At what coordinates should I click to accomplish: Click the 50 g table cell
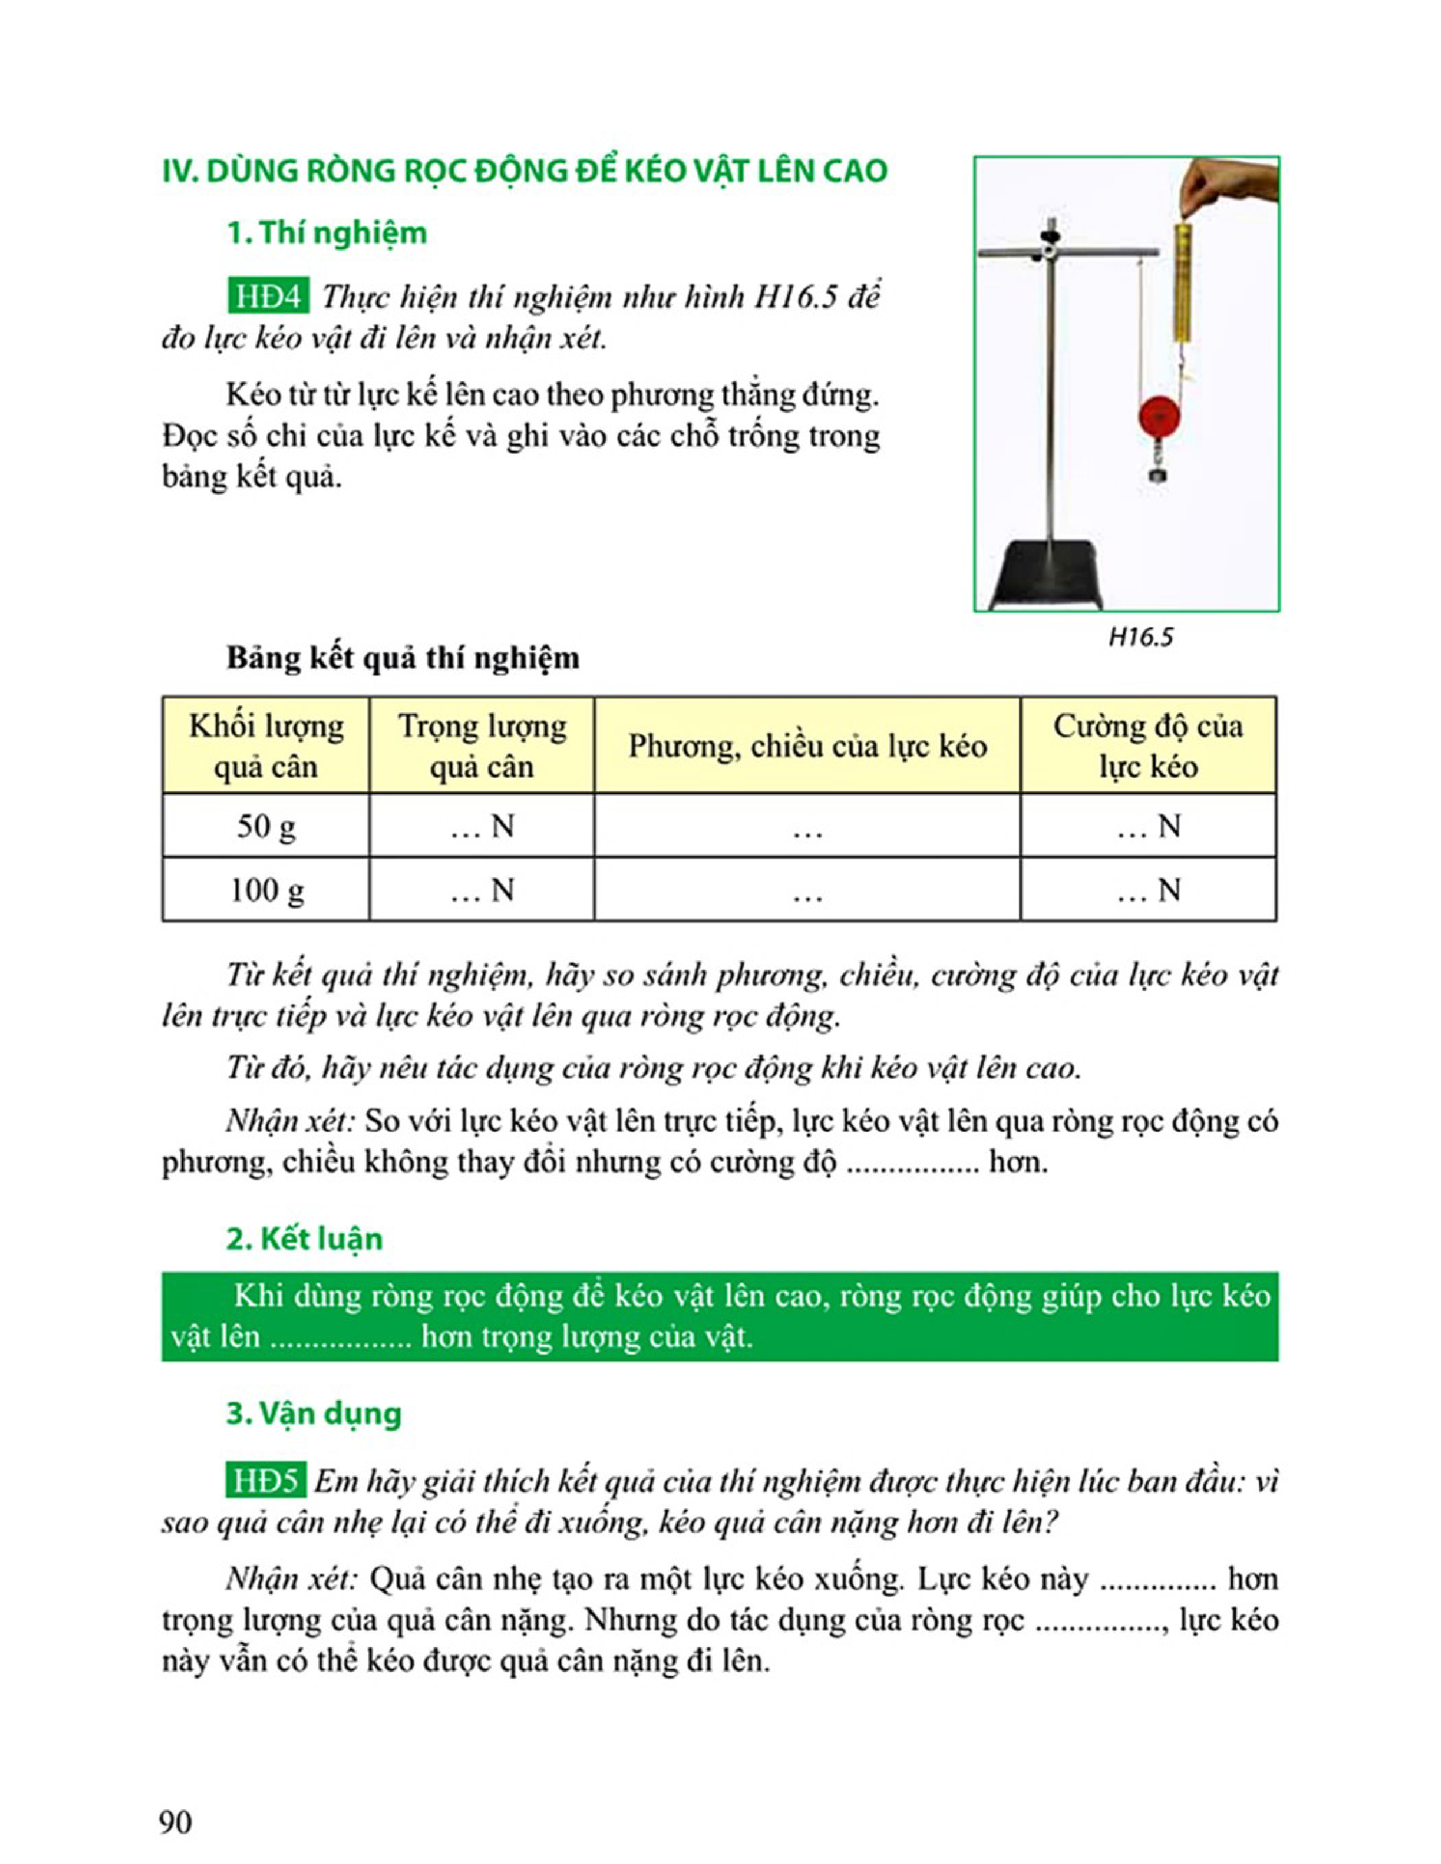point(266,826)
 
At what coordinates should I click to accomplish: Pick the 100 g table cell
point(266,890)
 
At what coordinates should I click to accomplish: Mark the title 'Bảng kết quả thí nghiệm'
point(402,658)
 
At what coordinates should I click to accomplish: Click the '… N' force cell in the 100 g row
point(1148,890)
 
